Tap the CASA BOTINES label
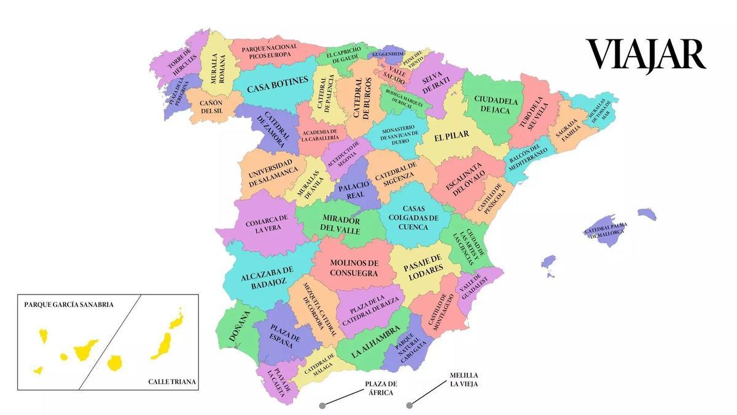pyautogui.click(x=277, y=87)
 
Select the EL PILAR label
pyautogui.click(x=451, y=137)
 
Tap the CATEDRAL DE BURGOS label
pyautogui.click(x=362, y=98)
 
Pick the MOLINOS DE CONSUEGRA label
pyautogui.click(x=354, y=267)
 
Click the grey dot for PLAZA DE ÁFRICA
pyautogui.click(x=322, y=405)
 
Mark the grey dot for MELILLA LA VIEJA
pyautogui.click(x=410, y=405)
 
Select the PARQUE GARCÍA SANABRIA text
pyautogui.click(x=69, y=304)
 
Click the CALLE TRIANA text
pyautogui.click(x=172, y=382)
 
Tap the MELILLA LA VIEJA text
pyautogui.click(x=464, y=379)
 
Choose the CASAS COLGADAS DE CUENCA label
pyautogui.click(x=413, y=218)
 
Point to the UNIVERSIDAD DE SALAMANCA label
pyautogui.click(x=273, y=175)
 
